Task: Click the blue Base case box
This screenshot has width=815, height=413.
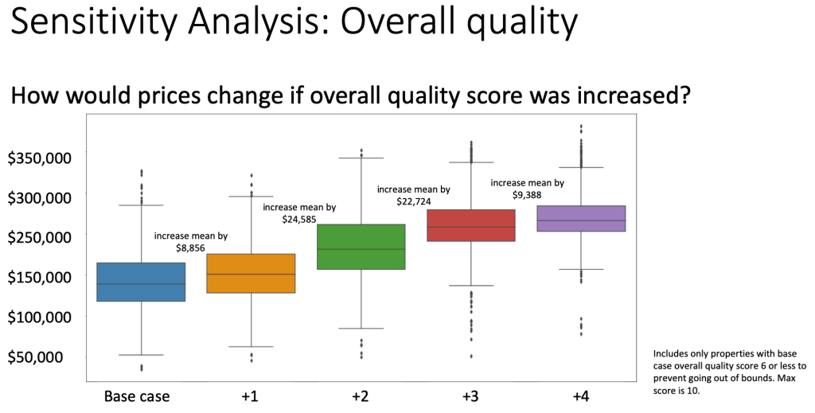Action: [141, 282]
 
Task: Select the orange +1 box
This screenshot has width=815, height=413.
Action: [251, 274]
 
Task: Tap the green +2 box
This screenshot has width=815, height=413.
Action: [361, 247]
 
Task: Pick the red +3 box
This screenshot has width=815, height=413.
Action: [471, 225]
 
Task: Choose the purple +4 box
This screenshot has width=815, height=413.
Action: [581, 218]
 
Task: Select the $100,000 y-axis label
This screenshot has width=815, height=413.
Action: [40, 317]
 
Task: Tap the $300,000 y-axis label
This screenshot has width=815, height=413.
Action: [40, 197]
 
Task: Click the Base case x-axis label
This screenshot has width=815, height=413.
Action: [137, 395]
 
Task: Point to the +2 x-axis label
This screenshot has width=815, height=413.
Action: [361, 395]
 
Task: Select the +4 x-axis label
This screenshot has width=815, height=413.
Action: [581, 395]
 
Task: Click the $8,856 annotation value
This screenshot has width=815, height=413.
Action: [191, 248]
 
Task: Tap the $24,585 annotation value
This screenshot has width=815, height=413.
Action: [299, 219]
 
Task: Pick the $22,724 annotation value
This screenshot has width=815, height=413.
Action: [414, 201]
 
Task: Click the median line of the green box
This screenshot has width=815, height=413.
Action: [361, 249]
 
